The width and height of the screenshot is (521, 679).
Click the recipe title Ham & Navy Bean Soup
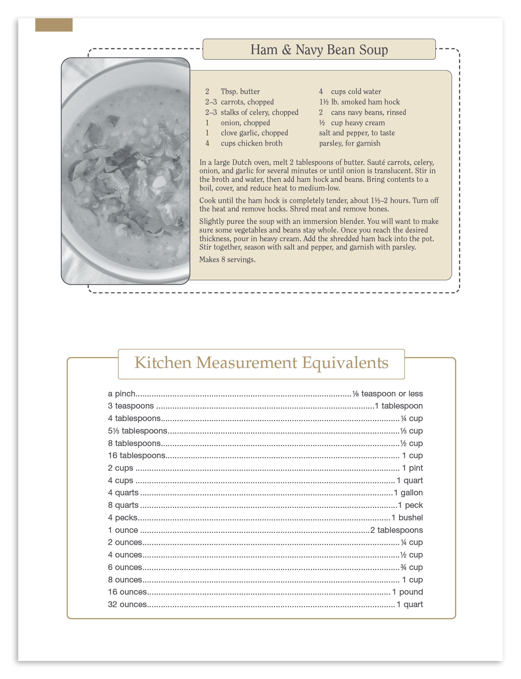tap(319, 50)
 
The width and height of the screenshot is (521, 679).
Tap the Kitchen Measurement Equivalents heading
tap(261, 363)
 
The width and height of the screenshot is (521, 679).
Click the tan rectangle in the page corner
tap(54, 25)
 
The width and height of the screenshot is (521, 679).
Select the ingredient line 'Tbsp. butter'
tap(240, 92)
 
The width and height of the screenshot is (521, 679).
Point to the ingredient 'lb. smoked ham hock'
tap(365, 102)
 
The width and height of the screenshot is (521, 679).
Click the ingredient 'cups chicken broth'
tap(251, 143)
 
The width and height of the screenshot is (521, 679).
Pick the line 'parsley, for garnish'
tap(349, 143)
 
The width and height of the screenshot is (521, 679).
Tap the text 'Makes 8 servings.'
tap(227, 260)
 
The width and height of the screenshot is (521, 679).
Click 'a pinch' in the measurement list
tap(122, 394)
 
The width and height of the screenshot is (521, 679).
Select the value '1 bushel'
tap(407, 518)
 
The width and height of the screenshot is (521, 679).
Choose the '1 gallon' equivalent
tap(408, 493)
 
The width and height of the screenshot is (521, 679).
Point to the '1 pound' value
tap(407, 592)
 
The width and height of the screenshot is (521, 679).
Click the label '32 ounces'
tap(127, 604)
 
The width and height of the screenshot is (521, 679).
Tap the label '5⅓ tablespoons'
tap(138, 431)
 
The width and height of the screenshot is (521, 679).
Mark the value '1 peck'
tap(410, 505)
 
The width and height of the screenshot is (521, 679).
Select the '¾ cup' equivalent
tap(412, 567)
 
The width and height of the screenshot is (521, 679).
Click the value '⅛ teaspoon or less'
tap(388, 394)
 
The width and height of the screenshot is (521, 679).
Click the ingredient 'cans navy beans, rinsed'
tap(368, 112)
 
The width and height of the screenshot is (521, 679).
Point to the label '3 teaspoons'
tap(131, 406)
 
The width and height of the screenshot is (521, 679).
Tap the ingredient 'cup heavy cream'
tap(358, 123)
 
